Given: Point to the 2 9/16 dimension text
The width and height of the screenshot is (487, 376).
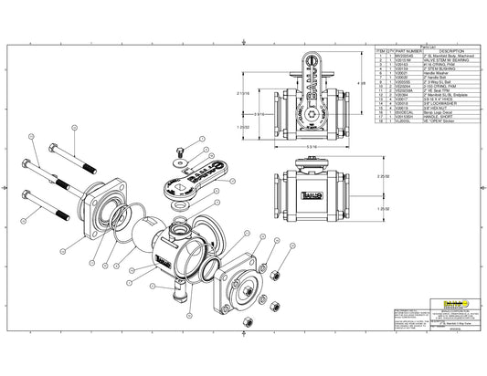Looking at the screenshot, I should (x=260, y=113).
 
